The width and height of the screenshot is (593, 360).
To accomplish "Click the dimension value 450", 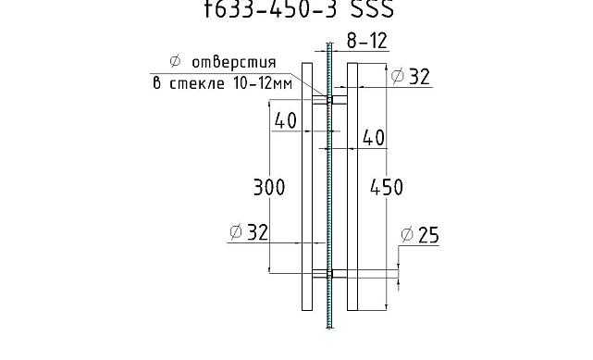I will tap(387, 187).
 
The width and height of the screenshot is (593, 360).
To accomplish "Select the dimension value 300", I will tap(268, 187).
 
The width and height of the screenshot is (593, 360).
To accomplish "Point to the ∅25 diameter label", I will tap(420, 236).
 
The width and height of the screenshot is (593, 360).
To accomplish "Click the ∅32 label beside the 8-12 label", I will tap(411, 77).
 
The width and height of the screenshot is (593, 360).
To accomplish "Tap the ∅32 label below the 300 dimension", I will tap(248, 232).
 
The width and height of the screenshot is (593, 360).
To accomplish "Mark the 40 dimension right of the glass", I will tap(373, 138).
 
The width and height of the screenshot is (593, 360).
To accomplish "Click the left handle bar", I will tap(307, 185).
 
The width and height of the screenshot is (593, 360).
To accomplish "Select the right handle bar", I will tap(352, 185).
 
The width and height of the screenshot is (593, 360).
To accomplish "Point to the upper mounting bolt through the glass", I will tap(328, 98).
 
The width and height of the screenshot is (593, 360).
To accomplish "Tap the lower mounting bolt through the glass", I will tap(328, 273).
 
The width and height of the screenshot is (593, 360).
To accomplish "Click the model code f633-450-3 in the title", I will tap(270, 9).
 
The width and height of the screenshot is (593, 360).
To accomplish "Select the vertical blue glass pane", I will tap(329, 185).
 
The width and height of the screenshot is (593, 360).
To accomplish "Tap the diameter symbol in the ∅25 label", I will tap(406, 236).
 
